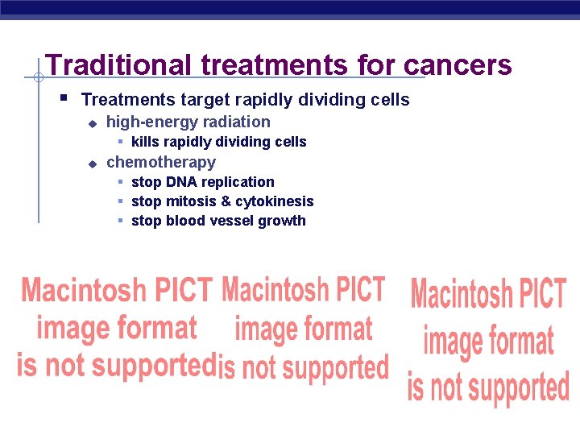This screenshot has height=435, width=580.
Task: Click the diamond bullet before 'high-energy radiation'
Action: point(92,123)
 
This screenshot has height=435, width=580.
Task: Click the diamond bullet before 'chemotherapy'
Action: point(92,164)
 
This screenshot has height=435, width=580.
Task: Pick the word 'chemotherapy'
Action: point(161,162)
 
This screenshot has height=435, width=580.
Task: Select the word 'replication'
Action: point(239,182)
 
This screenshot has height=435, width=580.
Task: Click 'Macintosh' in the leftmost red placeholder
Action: point(84,289)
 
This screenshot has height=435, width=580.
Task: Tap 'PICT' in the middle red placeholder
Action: point(358,288)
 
